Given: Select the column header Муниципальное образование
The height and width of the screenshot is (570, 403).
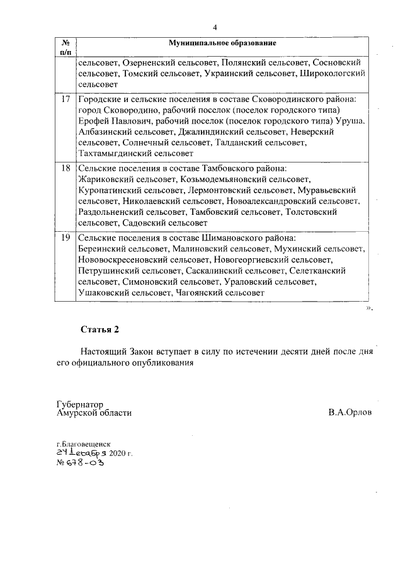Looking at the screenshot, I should coord(222,43).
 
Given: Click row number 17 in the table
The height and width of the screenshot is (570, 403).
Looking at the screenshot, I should coord(65,100).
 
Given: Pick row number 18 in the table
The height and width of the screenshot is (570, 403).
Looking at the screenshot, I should coord(65,169).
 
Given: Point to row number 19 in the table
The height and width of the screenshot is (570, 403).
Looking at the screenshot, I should coord(65,238).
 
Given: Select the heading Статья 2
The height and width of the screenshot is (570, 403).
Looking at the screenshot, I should coord(99,329).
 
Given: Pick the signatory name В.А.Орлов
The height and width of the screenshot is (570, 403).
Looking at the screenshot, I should coord(349,413).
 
